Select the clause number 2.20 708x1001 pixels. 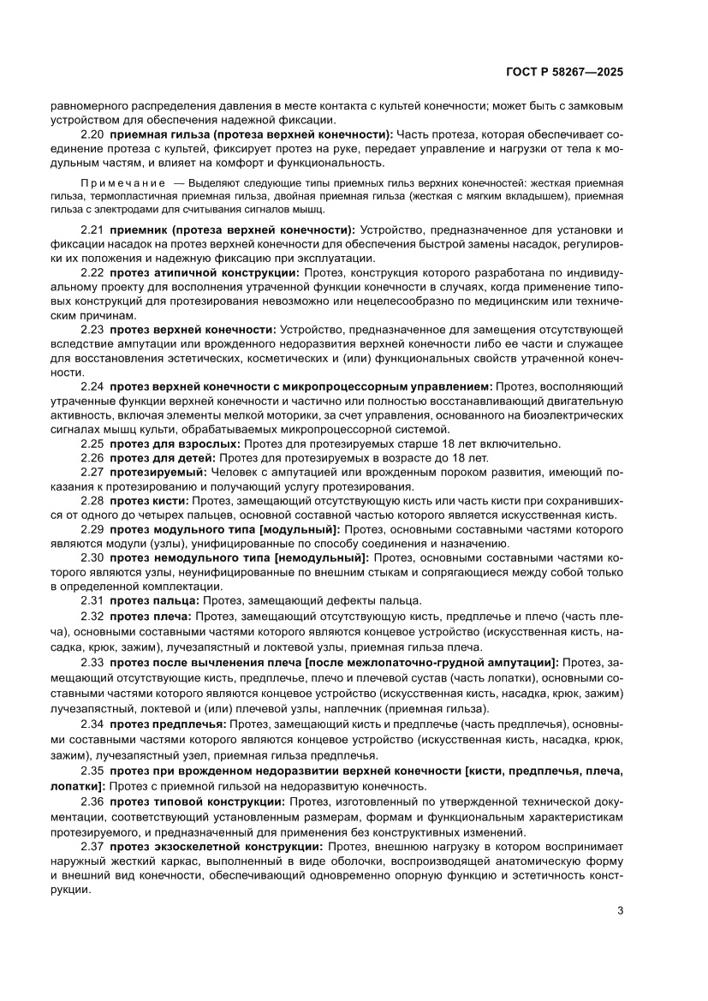point(92,135)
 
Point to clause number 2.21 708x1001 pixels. point(92,231)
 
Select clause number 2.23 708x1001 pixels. point(92,330)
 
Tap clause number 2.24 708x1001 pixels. point(92,388)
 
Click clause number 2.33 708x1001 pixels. point(92,662)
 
